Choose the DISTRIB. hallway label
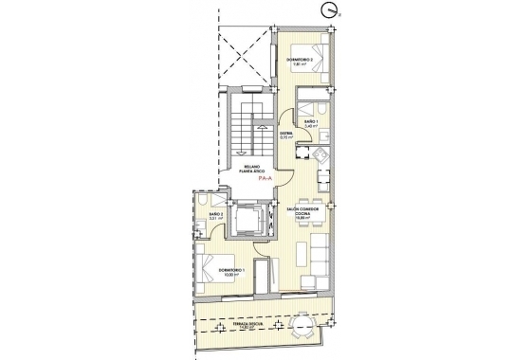(284, 135)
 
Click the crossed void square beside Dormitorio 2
(245, 56)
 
